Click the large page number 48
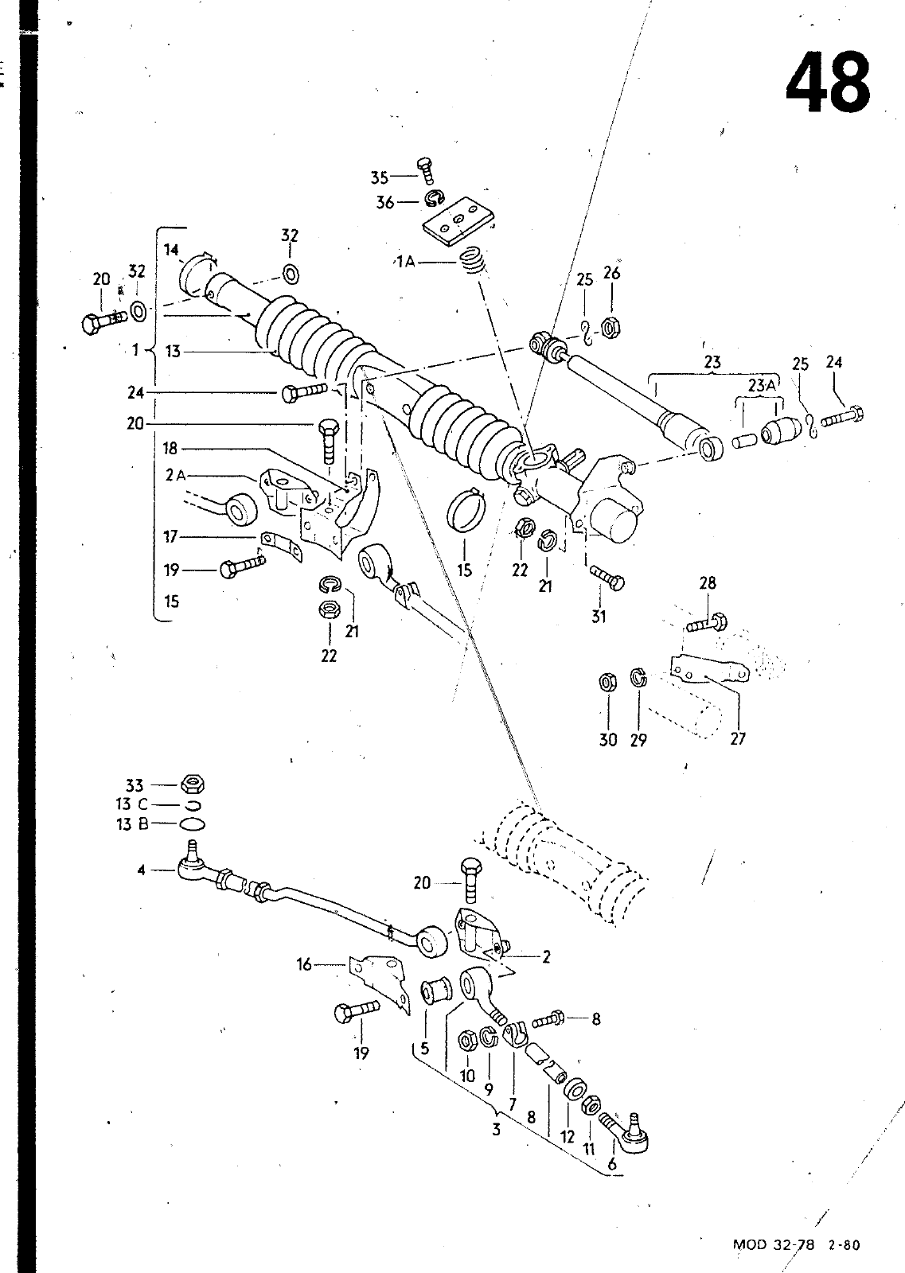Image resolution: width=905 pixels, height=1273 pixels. point(828,84)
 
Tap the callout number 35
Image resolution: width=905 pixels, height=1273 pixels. point(379,178)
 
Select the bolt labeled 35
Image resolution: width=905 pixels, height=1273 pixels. point(425,171)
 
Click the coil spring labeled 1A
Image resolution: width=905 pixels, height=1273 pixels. point(473,262)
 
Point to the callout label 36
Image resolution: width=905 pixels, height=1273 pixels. point(384,202)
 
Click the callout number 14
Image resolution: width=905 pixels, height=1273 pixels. point(171,250)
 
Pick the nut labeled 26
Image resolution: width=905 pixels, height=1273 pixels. point(610,328)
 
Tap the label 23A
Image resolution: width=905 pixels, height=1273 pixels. point(761,386)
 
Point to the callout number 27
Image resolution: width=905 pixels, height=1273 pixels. point(737,739)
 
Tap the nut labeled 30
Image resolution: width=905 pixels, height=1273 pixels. point(607,681)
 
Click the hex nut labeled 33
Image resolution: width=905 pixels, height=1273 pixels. point(192,784)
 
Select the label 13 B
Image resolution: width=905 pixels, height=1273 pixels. point(132,824)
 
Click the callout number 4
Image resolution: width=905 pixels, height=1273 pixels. point(141,870)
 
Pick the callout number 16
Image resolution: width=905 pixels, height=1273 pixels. point(304,964)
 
